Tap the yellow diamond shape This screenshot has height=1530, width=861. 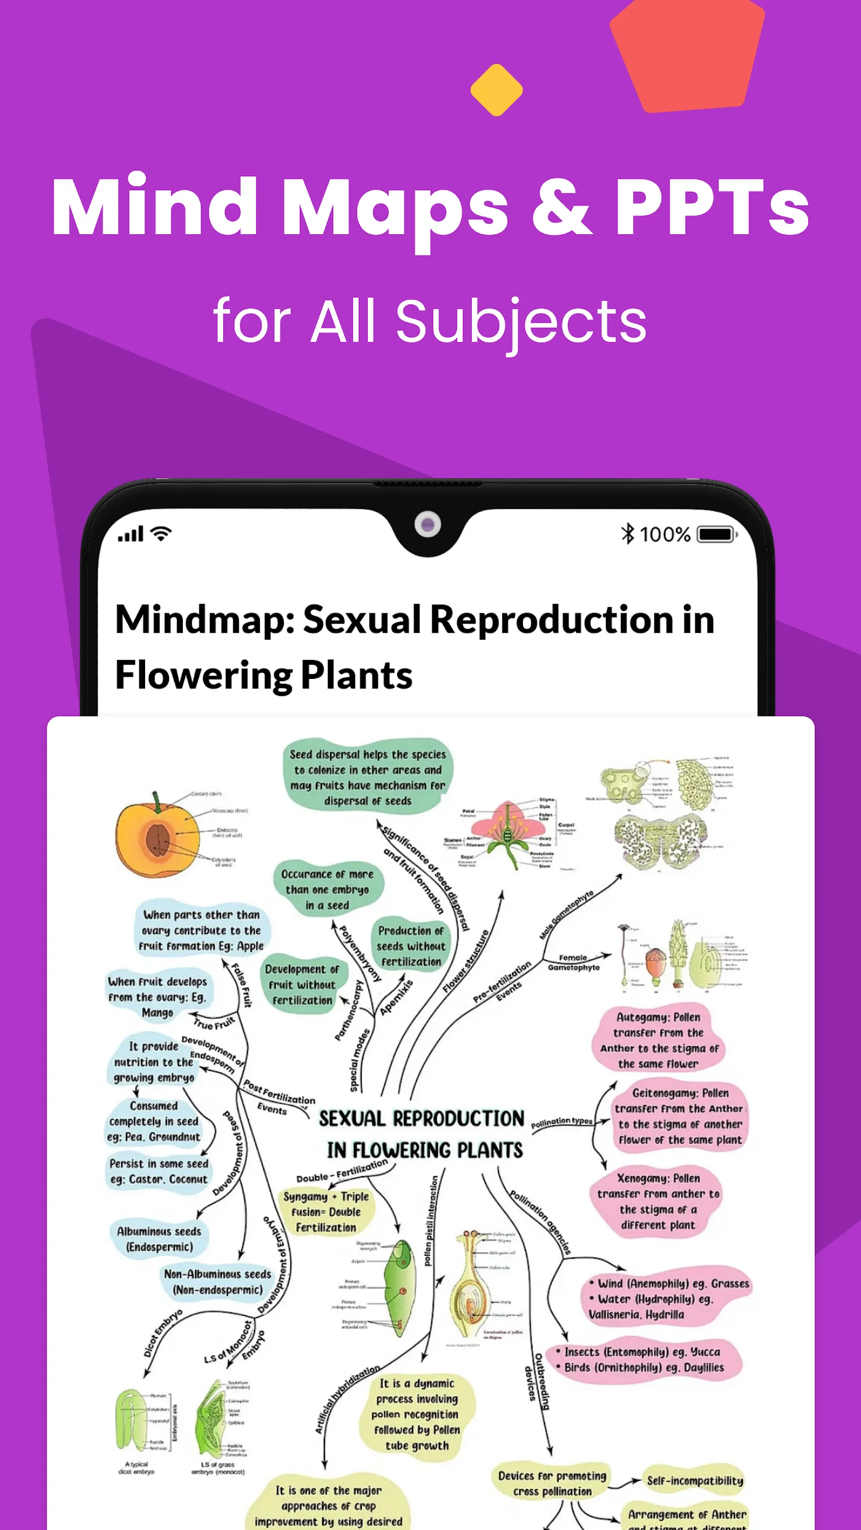pyautogui.click(x=496, y=90)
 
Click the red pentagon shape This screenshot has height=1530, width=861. pyautogui.click(x=686, y=55)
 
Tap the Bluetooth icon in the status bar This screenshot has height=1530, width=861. pyautogui.click(x=627, y=533)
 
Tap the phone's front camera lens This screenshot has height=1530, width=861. pyautogui.click(x=427, y=524)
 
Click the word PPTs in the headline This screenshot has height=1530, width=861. pyautogui.click(x=711, y=207)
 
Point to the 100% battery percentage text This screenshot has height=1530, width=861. pyautogui.click(x=665, y=534)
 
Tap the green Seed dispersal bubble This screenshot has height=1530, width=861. pyautogui.click(x=367, y=777)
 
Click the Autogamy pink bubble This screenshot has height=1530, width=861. pyautogui.click(x=659, y=1040)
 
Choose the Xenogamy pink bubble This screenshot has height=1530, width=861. pyautogui.click(x=658, y=1201)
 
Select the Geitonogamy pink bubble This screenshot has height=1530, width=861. pyautogui.click(x=680, y=1116)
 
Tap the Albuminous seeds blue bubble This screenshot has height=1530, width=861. pyautogui.click(x=159, y=1239)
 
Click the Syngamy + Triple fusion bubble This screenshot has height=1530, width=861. pyautogui.click(x=326, y=1212)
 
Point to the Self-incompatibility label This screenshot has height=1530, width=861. pyautogui.click(x=695, y=1480)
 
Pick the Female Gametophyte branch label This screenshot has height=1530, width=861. pyautogui.click(x=573, y=963)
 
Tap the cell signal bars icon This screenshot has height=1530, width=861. pyautogui.click(x=131, y=533)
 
